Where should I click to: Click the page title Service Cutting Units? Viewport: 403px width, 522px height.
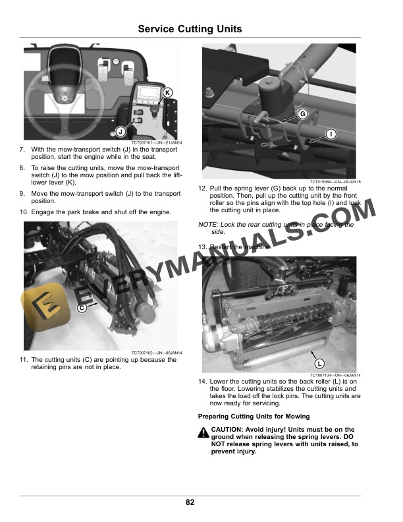[x=190, y=29]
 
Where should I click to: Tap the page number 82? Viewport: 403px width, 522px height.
[x=190, y=502]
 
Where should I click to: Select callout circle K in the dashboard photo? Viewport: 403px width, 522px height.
[x=167, y=93]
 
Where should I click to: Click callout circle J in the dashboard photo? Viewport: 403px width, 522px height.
[x=121, y=132]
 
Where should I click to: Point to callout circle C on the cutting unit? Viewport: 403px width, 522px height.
[x=82, y=308]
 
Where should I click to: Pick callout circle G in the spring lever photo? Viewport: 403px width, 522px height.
[x=302, y=114]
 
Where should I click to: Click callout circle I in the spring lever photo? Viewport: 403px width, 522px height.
[x=331, y=134]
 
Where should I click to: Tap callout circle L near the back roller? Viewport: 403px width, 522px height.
[x=319, y=363]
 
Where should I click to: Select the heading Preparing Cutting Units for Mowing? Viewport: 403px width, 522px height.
[x=254, y=417]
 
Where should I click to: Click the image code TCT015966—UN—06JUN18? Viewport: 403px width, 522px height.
[x=335, y=182]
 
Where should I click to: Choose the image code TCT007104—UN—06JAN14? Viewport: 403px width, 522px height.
[x=335, y=376]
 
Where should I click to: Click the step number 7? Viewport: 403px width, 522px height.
[x=22, y=150]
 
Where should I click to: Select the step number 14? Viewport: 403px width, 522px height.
[x=202, y=382]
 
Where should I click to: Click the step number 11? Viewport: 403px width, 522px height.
[x=24, y=360]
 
